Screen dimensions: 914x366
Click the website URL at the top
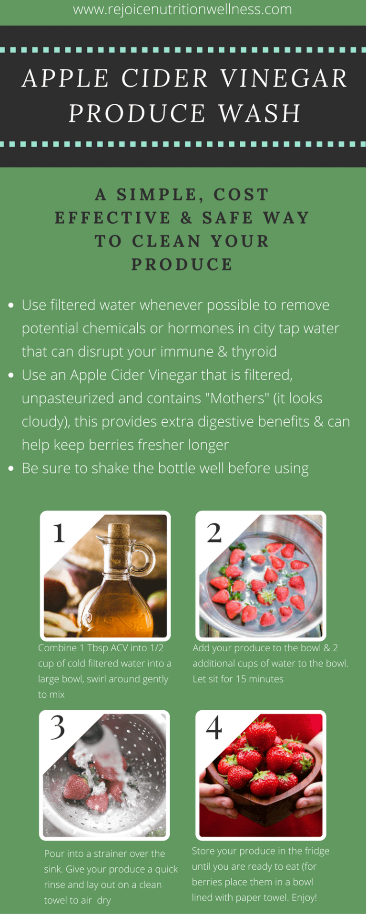click(x=183, y=10)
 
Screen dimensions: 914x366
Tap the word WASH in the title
click(x=260, y=113)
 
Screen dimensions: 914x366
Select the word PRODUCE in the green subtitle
click(x=182, y=265)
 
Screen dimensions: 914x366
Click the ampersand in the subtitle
click(x=186, y=218)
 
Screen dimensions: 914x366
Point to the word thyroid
click(x=254, y=352)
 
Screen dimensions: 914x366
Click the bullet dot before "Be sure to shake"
click(x=11, y=468)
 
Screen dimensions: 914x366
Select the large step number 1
click(x=59, y=533)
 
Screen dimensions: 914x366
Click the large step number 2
click(x=214, y=533)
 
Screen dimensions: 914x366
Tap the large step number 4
click(x=214, y=727)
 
